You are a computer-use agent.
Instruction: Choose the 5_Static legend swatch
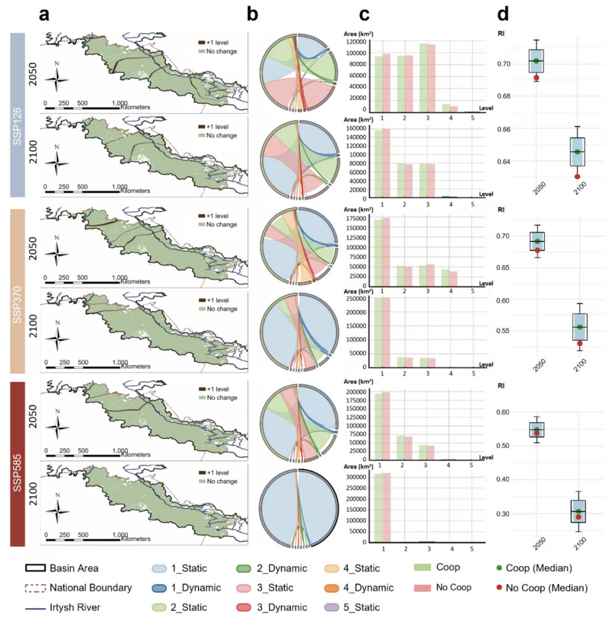pyautogui.click(x=334, y=607)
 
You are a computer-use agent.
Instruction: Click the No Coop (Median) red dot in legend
pyautogui.click(x=500, y=588)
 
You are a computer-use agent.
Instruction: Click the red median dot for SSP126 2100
pyautogui.click(x=577, y=177)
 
